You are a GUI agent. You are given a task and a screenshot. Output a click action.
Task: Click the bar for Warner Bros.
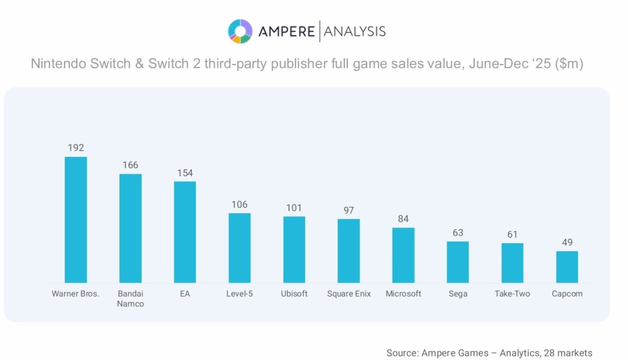click(76, 220)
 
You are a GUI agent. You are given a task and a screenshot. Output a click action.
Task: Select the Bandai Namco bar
click(130, 228)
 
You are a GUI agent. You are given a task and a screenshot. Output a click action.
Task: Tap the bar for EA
click(185, 232)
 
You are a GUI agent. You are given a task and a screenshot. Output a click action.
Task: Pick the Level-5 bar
click(240, 248)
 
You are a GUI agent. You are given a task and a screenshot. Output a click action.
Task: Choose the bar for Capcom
click(567, 267)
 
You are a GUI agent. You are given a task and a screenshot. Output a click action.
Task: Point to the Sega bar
click(458, 262)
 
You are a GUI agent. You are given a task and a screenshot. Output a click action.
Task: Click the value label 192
click(76, 148)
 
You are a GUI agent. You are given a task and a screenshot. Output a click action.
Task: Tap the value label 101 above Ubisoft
click(294, 208)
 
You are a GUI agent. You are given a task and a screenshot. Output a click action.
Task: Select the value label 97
click(349, 210)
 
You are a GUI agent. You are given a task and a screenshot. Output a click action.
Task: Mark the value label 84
click(404, 219)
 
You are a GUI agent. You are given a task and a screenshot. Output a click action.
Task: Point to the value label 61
click(512, 234)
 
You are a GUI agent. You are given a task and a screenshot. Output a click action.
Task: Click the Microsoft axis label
click(404, 294)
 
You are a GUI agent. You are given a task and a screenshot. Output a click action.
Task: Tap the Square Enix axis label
click(349, 294)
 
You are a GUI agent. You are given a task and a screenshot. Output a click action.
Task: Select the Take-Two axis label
click(512, 294)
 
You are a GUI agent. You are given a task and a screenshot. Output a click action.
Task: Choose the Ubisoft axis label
click(294, 294)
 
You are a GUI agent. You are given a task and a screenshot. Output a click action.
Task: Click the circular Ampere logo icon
click(240, 31)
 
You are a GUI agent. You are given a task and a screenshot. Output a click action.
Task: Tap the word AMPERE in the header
click(286, 31)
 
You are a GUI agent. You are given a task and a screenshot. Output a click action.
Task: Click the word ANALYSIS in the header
click(355, 31)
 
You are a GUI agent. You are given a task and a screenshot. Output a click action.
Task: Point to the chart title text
click(307, 63)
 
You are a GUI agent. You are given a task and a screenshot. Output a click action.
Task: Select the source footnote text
click(489, 352)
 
